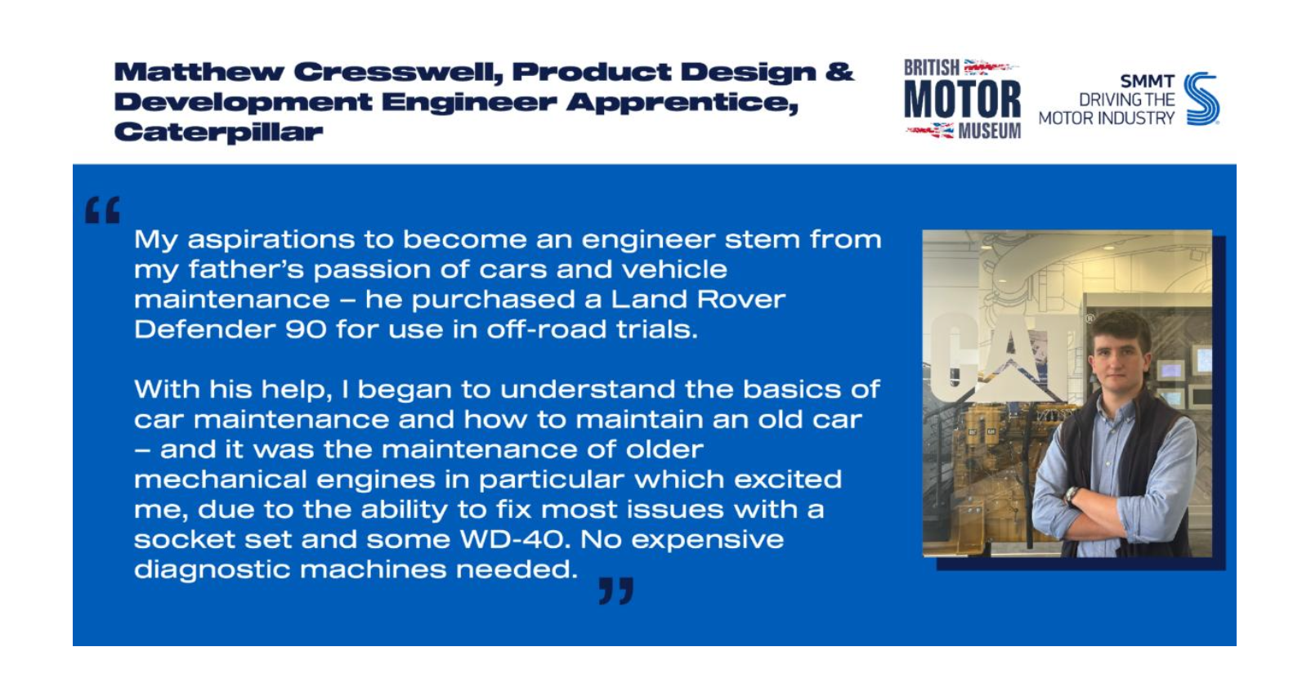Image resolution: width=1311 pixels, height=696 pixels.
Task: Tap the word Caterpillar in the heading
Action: click(x=218, y=132)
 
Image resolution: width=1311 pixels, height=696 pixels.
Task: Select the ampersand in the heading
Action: click(x=839, y=72)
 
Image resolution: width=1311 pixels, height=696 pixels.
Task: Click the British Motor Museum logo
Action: click(x=962, y=98)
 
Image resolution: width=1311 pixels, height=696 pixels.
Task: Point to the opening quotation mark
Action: click(x=102, y=210)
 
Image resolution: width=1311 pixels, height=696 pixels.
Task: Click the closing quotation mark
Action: click(x=616, y=591)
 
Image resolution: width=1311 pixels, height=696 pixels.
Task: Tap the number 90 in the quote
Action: click(x=306, y=330)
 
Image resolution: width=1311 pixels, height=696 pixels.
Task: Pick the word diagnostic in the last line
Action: click(x=212, y=570)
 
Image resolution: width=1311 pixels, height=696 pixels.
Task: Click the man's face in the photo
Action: click(x=1118, y=357)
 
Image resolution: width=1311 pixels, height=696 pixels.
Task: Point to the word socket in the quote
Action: click(x=185, y=539)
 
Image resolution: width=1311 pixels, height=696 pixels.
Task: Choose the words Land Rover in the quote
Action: click(x=698, y=300)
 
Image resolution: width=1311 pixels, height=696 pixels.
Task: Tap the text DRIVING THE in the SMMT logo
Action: click(x=1126, y=100)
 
